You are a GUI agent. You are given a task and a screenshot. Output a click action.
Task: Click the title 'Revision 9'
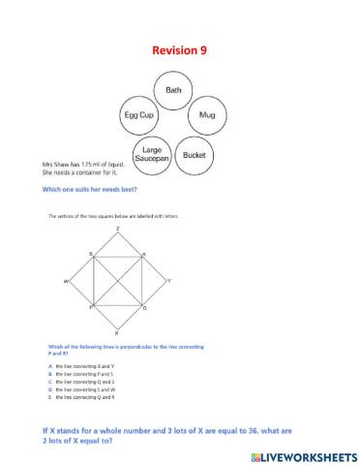179,50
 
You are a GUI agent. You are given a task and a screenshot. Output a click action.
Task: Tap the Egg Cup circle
136,115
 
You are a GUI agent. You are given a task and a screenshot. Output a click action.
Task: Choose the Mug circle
206,115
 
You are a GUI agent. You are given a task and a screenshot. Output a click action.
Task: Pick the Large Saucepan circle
152,155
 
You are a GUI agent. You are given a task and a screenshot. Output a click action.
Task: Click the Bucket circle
195,155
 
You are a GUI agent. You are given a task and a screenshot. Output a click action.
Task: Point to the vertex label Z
117,229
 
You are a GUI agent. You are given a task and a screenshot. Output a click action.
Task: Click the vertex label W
66,282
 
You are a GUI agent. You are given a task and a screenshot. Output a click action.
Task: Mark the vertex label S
90,254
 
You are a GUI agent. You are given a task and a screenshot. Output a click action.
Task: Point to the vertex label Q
144,308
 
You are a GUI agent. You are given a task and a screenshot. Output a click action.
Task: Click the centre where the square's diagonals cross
117,281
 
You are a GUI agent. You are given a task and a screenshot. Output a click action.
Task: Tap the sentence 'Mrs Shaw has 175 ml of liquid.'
78,164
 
